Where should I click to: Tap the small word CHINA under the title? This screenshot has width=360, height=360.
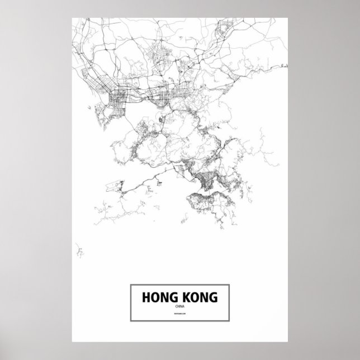coord(179,306)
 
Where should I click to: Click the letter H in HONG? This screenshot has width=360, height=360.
coord(148,297)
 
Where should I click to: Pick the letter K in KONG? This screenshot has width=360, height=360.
coord(183,297)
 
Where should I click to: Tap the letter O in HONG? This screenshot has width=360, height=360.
coord(157,297)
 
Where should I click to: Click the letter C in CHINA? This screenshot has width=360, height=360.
coord(176,306)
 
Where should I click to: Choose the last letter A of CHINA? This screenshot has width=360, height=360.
coord(183,306)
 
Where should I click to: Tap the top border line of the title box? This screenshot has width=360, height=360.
coord(179,285)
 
